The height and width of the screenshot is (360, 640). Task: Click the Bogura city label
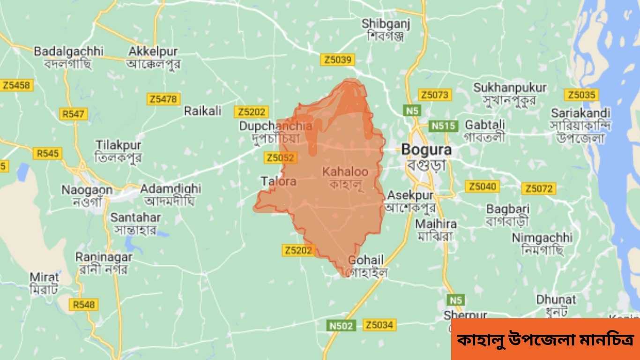tap(426, 150)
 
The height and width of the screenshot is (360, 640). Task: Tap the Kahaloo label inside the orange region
tap(345, 172)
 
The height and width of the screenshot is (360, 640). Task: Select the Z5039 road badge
tap(337, 60)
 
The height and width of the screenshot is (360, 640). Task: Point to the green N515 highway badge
tap(443, 126)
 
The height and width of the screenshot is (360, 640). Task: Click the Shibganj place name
tap(386, 23)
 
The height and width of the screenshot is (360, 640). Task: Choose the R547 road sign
tap(73, 113)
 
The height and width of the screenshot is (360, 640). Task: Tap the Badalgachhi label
tap(68, 51)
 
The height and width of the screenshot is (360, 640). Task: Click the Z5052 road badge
tap(281, 157)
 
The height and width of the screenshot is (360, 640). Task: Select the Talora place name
tap(278, 181)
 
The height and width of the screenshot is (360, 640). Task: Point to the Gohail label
tap(366, 260)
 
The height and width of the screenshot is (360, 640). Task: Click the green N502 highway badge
tap(341, 325)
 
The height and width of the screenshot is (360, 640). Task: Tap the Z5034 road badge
tap(380, 325)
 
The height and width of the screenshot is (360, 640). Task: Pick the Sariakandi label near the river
tap(580, 113)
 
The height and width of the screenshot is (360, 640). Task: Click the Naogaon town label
tap(87, 190)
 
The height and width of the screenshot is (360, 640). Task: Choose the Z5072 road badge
tap(539, 189)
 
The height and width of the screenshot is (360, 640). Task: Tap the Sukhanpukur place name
tap(510, 88)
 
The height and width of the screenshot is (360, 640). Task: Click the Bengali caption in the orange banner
tap(545, 339)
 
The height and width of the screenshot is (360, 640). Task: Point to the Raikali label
tap(202, 111)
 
